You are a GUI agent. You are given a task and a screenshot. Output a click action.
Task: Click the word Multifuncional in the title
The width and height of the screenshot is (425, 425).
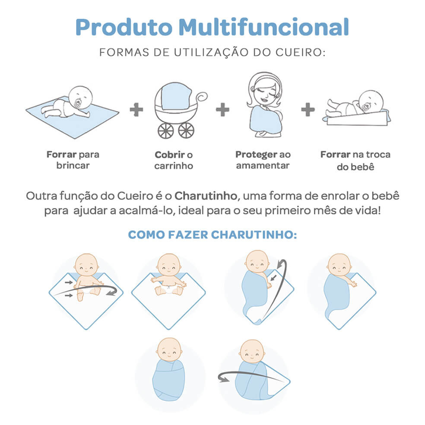click(263, 27)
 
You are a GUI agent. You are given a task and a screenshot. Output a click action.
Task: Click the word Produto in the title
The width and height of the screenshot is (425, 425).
click(124, 27)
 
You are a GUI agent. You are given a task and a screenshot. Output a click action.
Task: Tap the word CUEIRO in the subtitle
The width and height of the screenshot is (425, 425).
click(300, 52)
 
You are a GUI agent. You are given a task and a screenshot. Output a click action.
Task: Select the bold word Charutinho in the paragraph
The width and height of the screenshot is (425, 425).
click(206, 196)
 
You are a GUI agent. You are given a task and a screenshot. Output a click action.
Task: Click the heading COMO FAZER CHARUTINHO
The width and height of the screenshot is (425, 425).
click(212, 235)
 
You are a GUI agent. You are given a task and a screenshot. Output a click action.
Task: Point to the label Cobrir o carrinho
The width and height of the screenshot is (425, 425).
click(174, 160)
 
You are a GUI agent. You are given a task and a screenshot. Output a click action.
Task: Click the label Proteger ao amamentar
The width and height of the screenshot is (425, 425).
click(263, 160)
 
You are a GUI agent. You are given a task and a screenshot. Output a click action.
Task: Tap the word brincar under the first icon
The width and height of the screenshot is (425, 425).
click(73, 165)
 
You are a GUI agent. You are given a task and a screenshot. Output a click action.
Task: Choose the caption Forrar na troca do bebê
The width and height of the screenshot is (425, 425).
click(355, 161)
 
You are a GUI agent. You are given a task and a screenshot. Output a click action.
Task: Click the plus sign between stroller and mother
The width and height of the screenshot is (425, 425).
click(222, 110)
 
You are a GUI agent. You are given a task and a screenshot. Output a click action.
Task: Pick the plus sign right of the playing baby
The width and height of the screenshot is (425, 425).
click(136, 110)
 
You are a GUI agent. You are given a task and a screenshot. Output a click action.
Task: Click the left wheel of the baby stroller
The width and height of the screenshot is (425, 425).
click(165, 130)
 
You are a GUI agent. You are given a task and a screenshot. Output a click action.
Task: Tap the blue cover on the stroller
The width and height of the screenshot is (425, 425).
click(176, 96)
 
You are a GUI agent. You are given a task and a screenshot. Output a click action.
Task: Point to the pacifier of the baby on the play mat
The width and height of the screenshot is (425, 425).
click(77, 104)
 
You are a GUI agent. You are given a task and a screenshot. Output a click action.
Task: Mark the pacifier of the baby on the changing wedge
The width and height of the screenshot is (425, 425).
click(365, 108)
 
